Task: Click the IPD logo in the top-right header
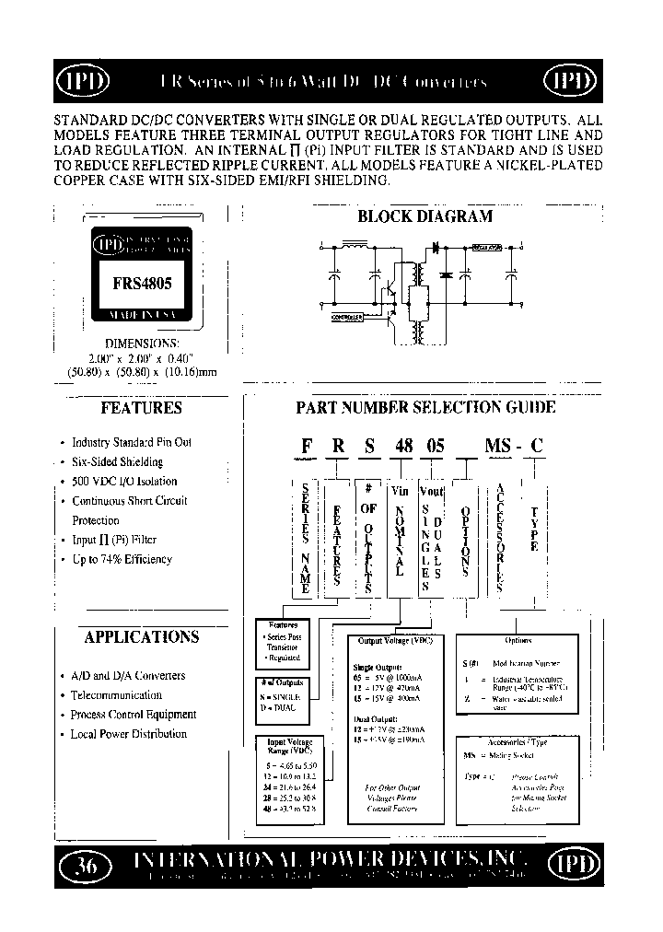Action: [576, 82]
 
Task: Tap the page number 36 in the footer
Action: [85, 865]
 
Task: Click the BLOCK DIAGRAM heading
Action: [425, 217]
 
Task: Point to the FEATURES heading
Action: [141, 407]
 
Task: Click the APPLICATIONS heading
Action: [141, 636]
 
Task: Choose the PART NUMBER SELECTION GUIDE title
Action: [425, 407]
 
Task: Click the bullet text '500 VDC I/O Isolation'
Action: [124, 482]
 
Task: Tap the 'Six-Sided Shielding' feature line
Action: [117, 462]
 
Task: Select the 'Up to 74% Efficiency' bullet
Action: [122, 559]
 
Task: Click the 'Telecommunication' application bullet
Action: [116, 695]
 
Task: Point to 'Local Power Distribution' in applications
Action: [129, 734]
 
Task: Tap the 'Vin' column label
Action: [399, 492]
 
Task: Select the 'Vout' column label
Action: [432, 492]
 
